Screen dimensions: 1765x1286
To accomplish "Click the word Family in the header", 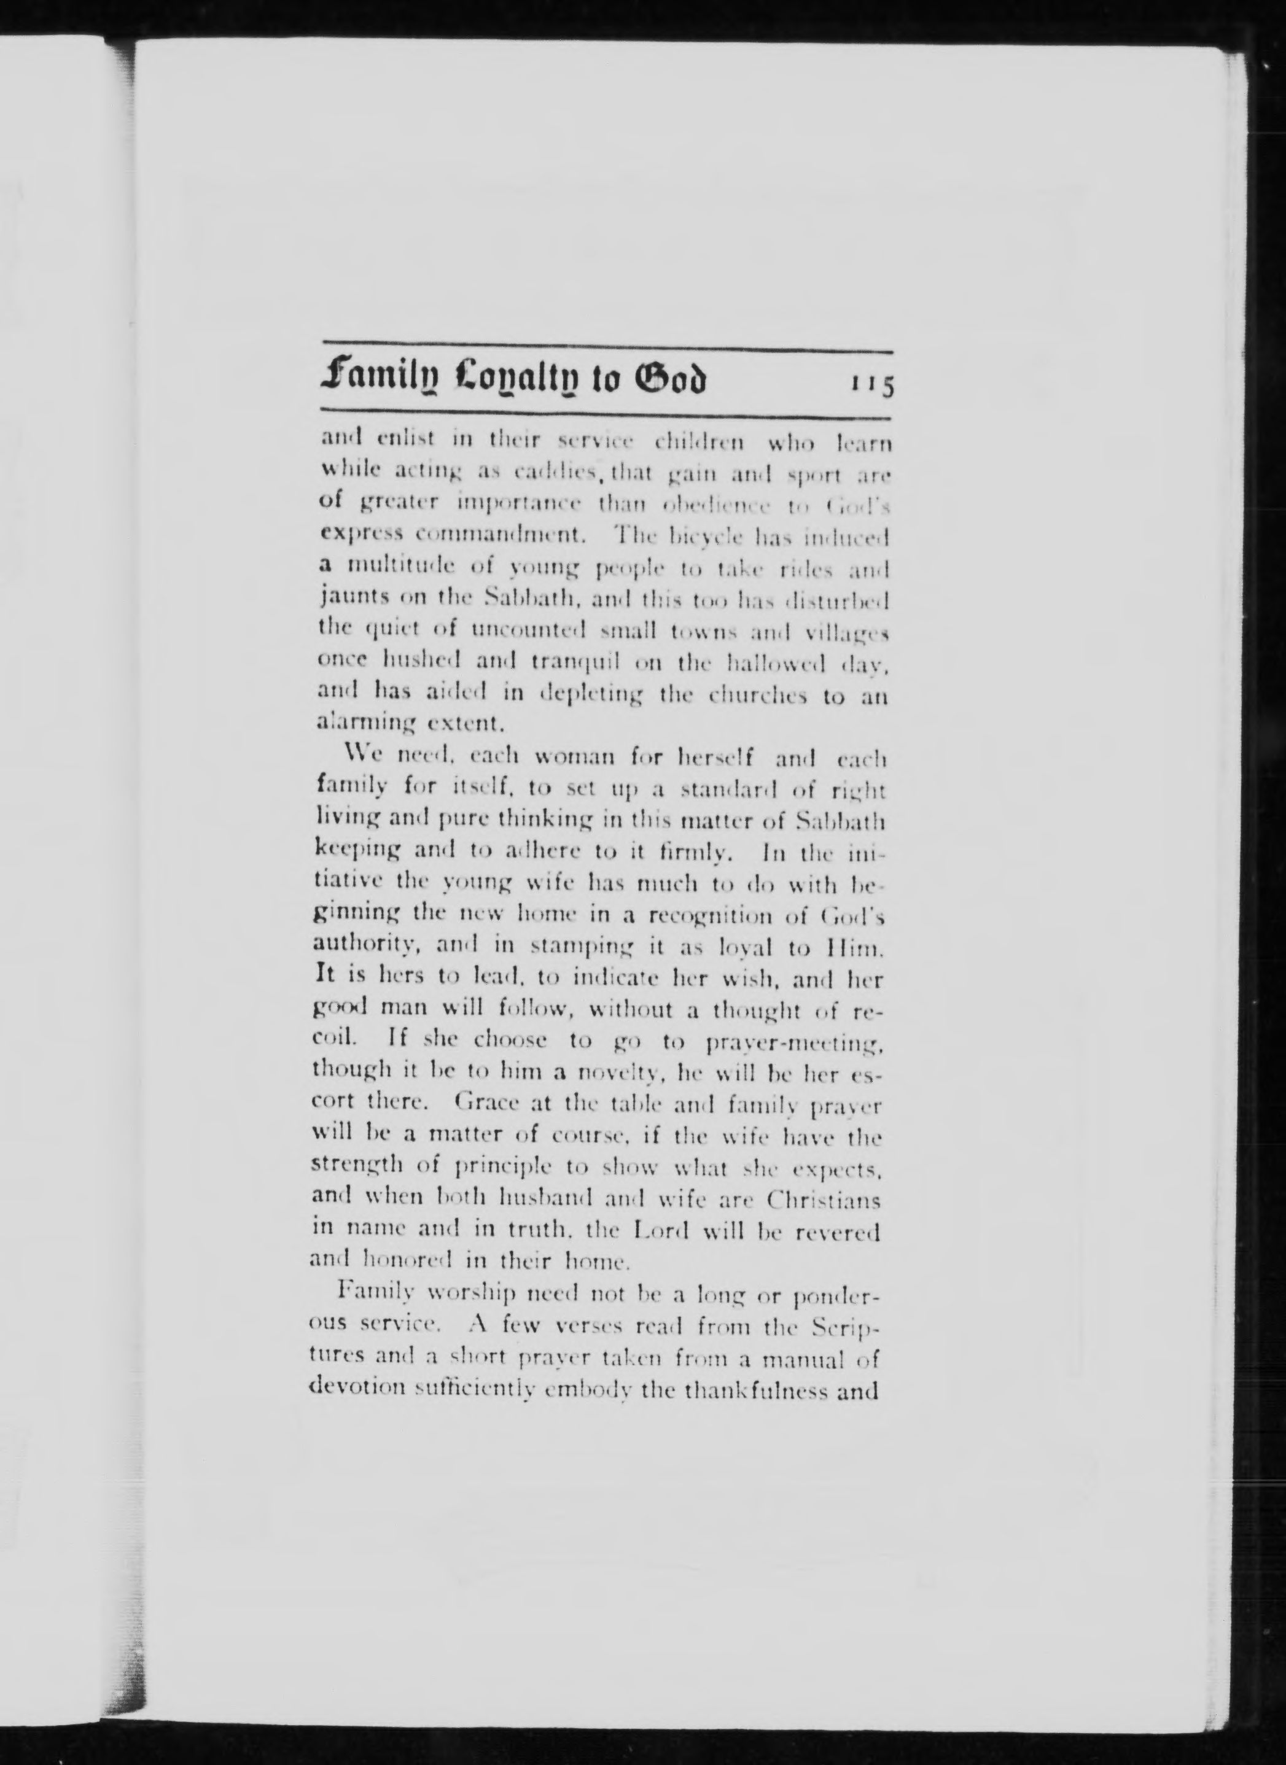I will (373, 381).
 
